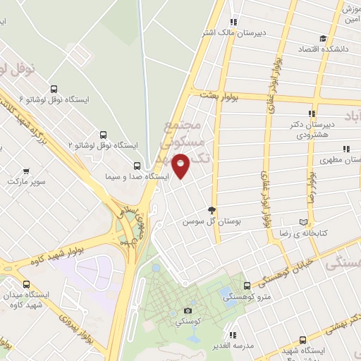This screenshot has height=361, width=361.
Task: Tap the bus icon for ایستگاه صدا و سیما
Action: click(x=137, y=166)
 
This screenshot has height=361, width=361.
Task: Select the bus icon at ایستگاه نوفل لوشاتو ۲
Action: click(x=104, y=134)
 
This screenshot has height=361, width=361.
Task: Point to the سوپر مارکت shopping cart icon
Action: click(x=26, y=171)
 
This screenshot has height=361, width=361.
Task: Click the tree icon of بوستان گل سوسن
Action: click(x=211, y=210)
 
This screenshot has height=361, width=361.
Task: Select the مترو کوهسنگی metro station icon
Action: click(x=246, y=286)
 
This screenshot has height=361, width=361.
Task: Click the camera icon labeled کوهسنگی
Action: click(x=188, y=310)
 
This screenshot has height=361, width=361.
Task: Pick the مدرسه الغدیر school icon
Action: click(x=232, y=335)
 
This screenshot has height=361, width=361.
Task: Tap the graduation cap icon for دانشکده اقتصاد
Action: click(x=323, y=39)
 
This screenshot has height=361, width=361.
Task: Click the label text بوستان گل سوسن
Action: click(x=189, y=221)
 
